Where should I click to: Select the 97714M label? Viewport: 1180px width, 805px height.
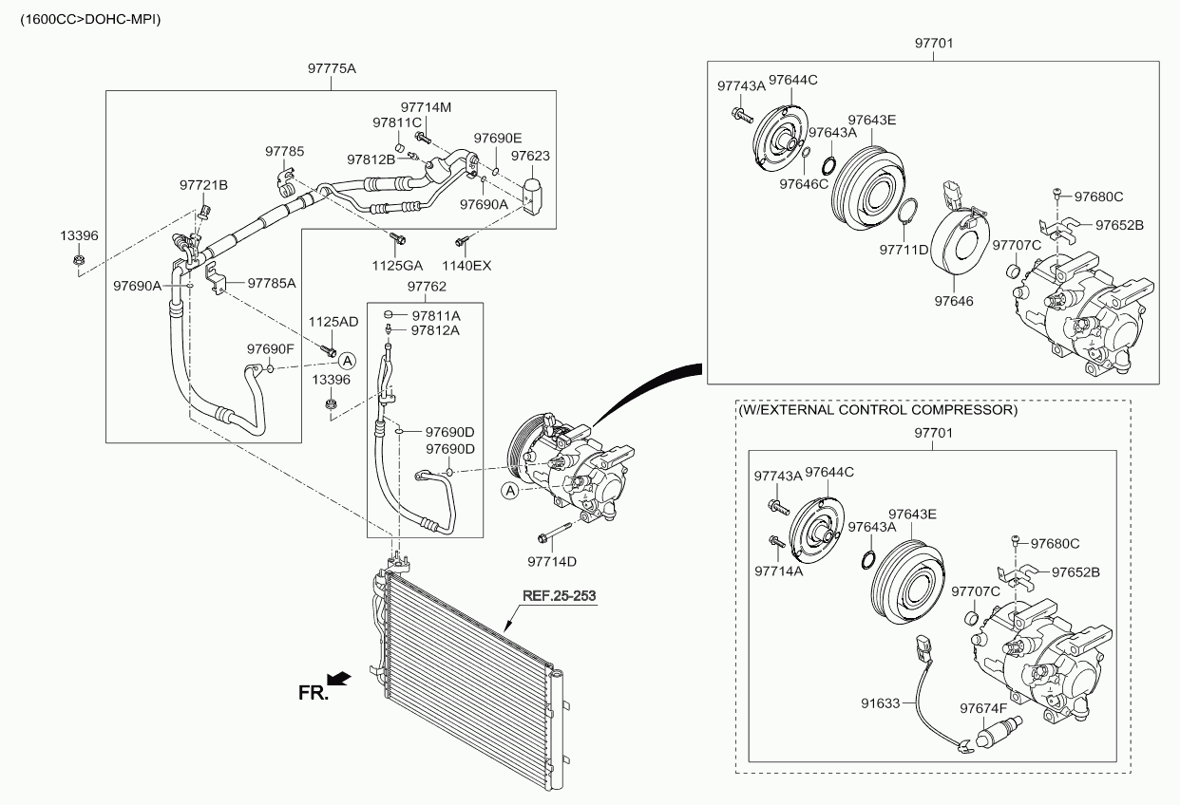point(426,107)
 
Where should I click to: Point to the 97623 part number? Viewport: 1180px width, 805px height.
point(530,156)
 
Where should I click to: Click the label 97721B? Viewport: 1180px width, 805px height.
point(204,184)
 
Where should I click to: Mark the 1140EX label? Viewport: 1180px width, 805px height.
point(467,265)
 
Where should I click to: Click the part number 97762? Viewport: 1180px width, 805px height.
point(427,286)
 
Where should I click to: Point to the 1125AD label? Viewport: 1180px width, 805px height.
point(333,322)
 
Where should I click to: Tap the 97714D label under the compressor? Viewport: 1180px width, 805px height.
point(553,561)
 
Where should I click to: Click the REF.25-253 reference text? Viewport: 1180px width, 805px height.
point(560,596)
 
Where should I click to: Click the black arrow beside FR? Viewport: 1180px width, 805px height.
point(338,677)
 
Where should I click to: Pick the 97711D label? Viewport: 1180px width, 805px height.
point(904,250)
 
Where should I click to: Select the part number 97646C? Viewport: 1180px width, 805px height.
point(804,183)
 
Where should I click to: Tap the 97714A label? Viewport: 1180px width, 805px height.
point(778,571)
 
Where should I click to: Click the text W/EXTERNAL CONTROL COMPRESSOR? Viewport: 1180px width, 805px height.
point(878,411)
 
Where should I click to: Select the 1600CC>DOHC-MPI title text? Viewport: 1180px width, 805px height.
point(84,18)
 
